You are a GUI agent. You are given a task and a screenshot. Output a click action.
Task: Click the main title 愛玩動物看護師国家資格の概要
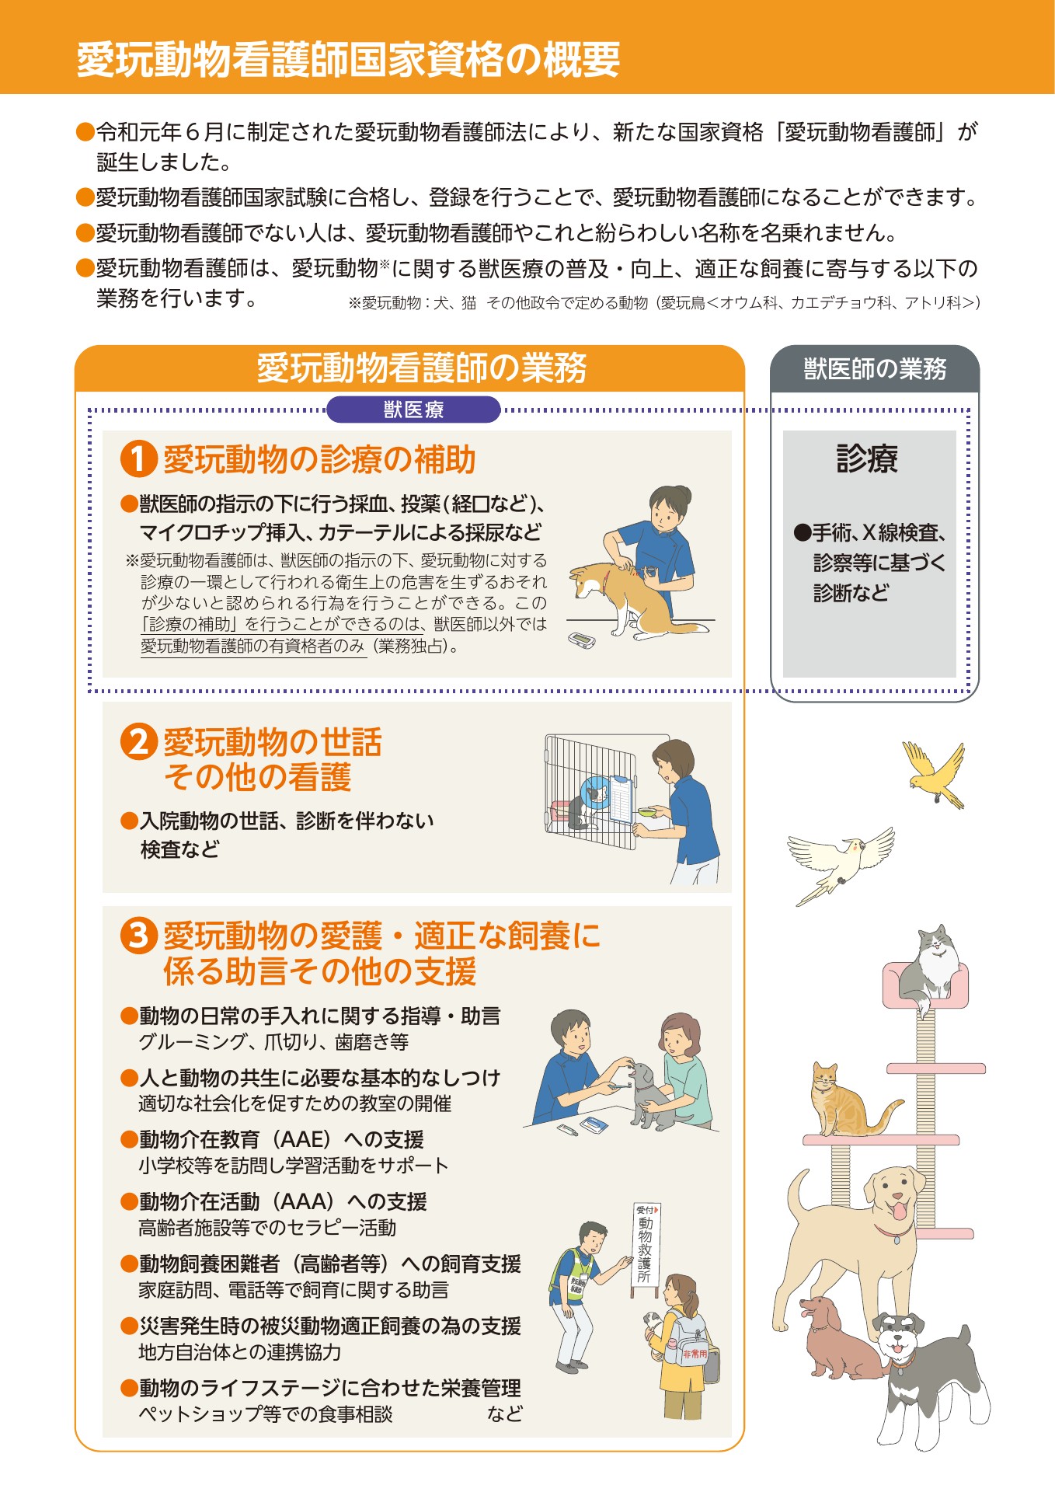pos(348,59)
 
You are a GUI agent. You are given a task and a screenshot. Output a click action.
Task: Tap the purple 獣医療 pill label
pos(413,410)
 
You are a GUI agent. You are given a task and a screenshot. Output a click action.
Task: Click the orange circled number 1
pos(139,458)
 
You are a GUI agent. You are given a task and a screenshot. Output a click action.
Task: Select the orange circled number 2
pos(139,741)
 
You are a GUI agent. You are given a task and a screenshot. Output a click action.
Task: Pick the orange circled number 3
pos(139,935)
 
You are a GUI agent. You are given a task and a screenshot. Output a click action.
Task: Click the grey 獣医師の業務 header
pos(875,368)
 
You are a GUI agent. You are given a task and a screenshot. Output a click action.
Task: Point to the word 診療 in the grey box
pos(868,458)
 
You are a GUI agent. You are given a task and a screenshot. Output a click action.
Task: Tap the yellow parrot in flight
pos(935,774)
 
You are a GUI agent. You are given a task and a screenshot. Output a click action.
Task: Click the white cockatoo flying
pos(841,863)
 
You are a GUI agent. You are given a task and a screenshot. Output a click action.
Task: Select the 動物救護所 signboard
pos(646,1247)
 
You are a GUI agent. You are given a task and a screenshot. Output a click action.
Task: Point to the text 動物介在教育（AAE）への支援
pos(281,1139)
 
